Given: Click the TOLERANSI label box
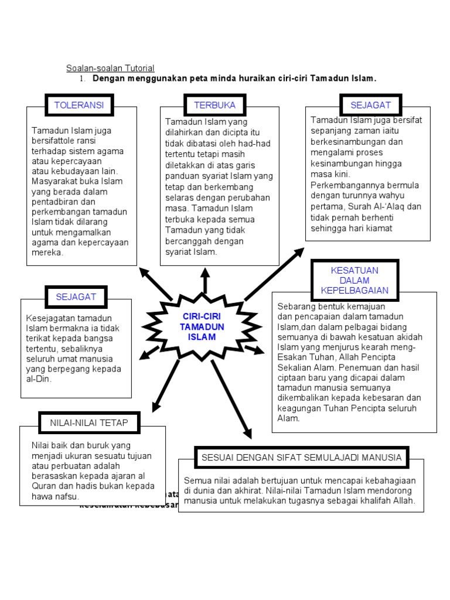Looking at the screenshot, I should [x=79, y=105].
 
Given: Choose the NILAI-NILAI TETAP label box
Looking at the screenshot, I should [x=88, y=422].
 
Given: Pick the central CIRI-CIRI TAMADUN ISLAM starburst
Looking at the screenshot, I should [x=202, y=328].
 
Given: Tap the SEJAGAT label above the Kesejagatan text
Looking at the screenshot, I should [x=76, y=296].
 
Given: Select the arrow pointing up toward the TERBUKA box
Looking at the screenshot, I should [x=205, y=281].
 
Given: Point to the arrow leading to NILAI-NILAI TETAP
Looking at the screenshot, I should [x=166, y=384].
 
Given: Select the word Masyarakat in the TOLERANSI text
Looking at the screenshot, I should [x=54, y=181].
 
